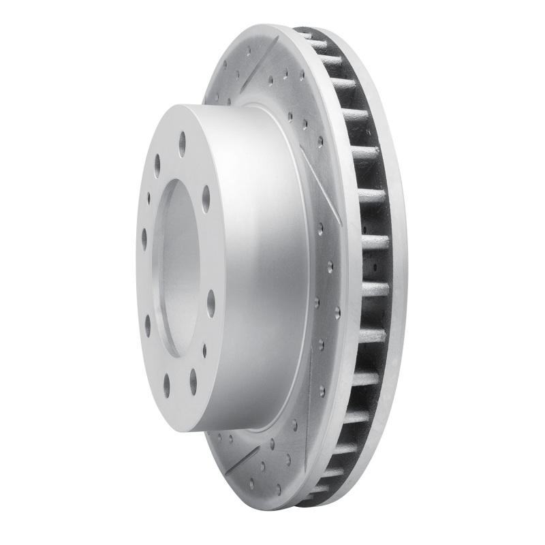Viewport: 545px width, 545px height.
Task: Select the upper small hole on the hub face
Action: click(x=149, y=198)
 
